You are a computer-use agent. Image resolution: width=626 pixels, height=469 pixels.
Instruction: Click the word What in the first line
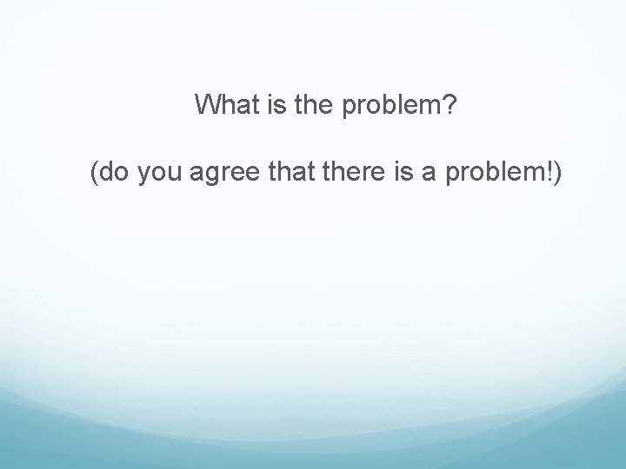tap(223, 105)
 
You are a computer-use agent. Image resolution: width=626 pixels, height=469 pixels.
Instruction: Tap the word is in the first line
tap(266, 105)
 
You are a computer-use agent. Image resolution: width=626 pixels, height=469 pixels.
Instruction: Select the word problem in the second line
tap(487, 176)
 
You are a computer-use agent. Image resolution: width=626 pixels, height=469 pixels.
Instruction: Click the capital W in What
tap(209, 105)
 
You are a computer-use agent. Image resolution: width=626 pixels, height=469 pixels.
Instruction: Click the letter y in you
tap(137, 179)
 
